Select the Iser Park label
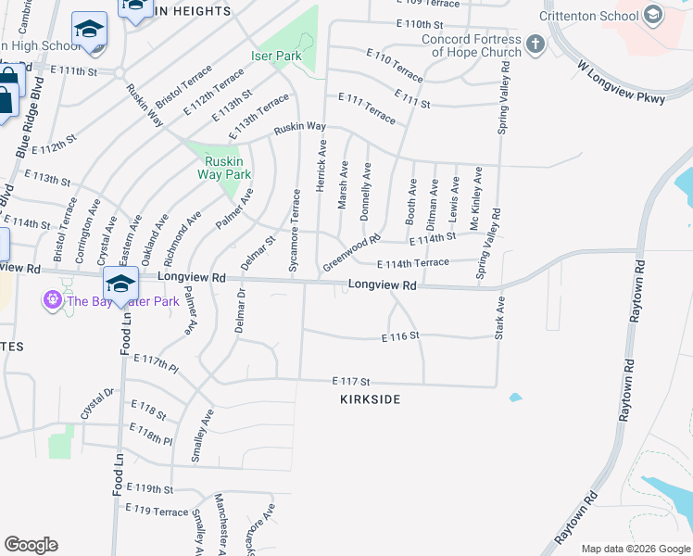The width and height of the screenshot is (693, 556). pos(276,57)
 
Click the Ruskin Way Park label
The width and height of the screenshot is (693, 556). pos(227,167)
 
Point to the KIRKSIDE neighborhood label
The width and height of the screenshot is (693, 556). pos(371,398)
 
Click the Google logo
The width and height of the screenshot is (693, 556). pos(31,545)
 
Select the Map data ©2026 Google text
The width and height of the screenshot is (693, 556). pos(635,549)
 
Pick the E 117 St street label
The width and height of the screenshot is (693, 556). pos(352,381)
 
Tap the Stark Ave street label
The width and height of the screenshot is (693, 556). pos(500,318)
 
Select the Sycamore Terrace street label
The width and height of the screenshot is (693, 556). pos(296,219)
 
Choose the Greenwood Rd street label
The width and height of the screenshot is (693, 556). pos(352,252)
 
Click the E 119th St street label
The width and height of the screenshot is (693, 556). pos(149,488)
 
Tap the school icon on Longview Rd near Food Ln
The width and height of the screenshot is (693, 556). pos(120,282)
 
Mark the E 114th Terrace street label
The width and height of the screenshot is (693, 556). pos(413,263)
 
